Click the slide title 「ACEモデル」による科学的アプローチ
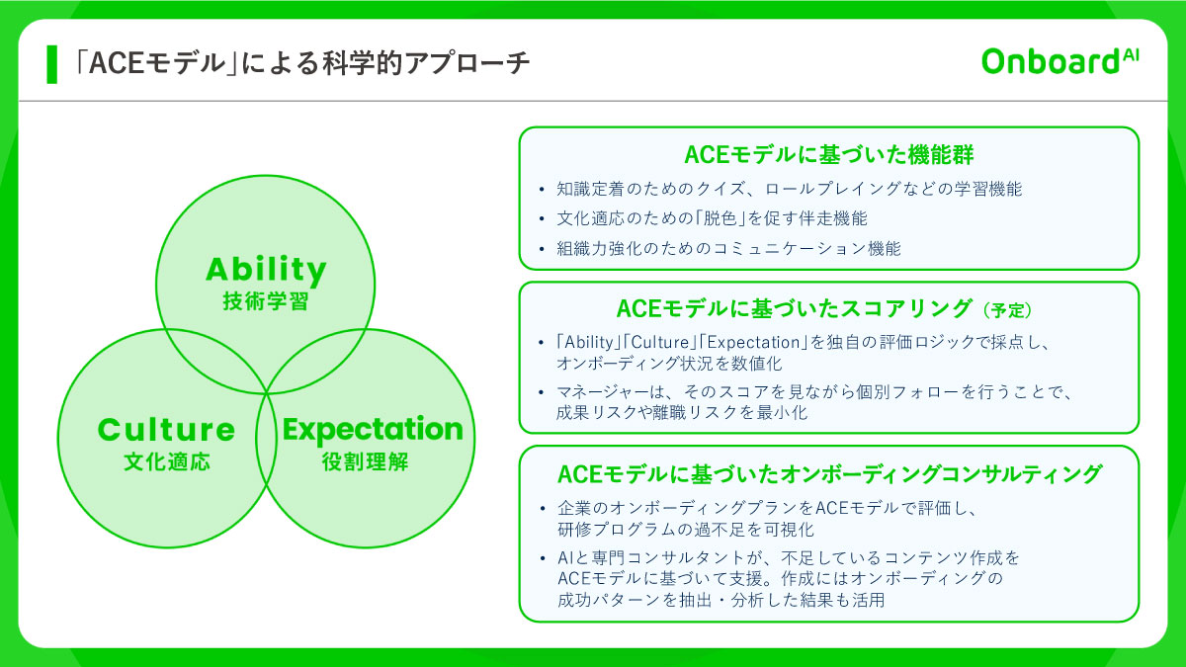pyautogui.click(x=302, y=63)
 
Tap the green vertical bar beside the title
pyautogui.click(x=51, y=63)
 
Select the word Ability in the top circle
pyautogui.click(x=266, y=270)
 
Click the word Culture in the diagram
pyautogui.click(x=166, y=431)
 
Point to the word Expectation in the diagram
pyautogui.click(x=372, y=430)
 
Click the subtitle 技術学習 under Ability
pyautogui.click(x=266, y=302)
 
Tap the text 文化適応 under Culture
pyautogui.click(x=166, y=461)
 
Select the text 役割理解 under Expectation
pyautogui.click(x=365, y=461)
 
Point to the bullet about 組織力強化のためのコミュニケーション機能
pyautogui.click(x=728, y=249)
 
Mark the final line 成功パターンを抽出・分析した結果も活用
pyautogui.click(x=720, y=599)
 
